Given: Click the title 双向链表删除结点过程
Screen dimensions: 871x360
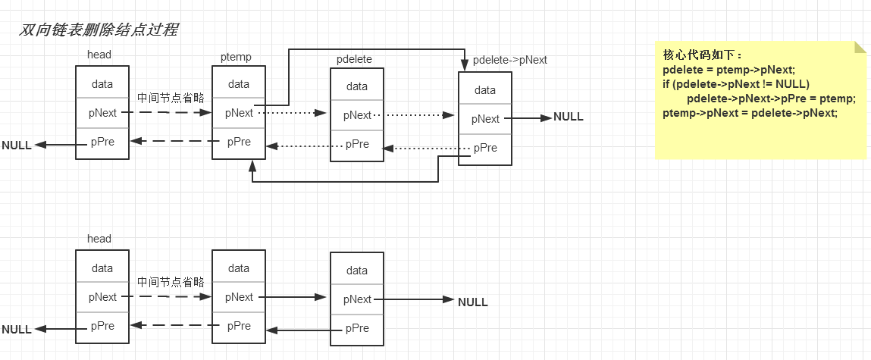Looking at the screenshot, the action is [x=99, y=30].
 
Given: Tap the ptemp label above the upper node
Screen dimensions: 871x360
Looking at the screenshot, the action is [x=236, y=57].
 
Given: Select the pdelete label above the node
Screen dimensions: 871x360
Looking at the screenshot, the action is [x=355, y=59].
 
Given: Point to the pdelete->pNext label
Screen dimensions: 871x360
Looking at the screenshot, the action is [x=510, y=60].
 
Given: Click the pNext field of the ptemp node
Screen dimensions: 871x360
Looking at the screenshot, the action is [x=239, y=113].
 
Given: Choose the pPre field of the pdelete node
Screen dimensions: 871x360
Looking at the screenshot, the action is [x=357, y=145].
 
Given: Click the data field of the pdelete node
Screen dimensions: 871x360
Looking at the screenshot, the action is [x=356, y=86].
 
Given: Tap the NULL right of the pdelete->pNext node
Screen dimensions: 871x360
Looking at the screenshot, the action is [x=569, y=117].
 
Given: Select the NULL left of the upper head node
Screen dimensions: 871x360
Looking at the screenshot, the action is [x=17, y=146].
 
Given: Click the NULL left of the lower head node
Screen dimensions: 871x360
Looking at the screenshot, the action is [x=17, y=330].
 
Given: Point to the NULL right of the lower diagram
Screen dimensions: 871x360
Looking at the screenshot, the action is [x=473, y=302].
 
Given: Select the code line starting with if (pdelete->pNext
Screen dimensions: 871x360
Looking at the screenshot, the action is [x=736, y=84].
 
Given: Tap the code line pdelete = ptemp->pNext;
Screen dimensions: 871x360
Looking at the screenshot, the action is [x=729, y=70].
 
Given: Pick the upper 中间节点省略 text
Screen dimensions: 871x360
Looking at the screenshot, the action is [x=171, y=99].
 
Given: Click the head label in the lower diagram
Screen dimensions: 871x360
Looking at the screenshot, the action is [x=99, y=239].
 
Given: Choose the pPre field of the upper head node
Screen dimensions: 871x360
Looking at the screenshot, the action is [x=103, y=142].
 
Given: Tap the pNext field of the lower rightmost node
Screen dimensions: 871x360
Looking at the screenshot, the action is [x=357, y=299].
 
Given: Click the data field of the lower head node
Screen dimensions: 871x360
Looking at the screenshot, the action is [x=102, y=268].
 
